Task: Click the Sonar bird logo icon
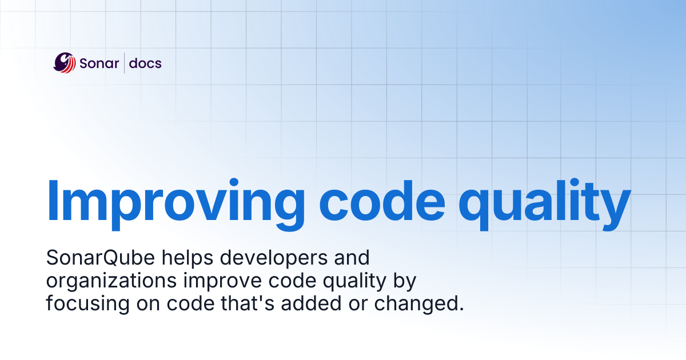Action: [64, 63]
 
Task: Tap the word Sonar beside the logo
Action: [99, 63]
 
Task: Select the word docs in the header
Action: [145, 63]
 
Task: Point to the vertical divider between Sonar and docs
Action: [125, 63]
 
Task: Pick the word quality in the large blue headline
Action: [544, 204]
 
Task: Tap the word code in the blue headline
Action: [382, 201]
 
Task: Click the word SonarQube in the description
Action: [101, 258]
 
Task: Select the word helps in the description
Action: [188, 258]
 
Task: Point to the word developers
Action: [274, 258]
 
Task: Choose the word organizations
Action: [111, 281]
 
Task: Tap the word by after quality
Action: [405, 281]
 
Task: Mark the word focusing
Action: [88, 304]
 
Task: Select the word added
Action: [311, 303]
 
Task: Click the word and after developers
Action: [352, 258]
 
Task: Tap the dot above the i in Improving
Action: [234, 182]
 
